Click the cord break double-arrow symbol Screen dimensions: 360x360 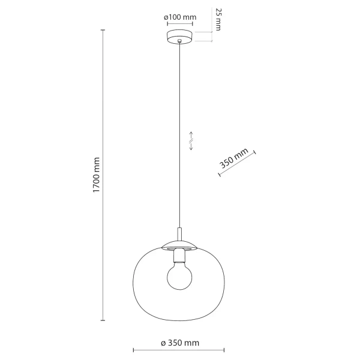(x=191, y=141)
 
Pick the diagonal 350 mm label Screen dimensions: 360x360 (x=234, y=160)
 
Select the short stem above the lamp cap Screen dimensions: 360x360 (x=179, y=233)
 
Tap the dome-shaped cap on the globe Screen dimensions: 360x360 (x=179, y=244)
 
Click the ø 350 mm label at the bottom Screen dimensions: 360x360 (x=179, y=343)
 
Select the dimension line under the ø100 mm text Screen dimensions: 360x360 (x=179, y=25)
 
